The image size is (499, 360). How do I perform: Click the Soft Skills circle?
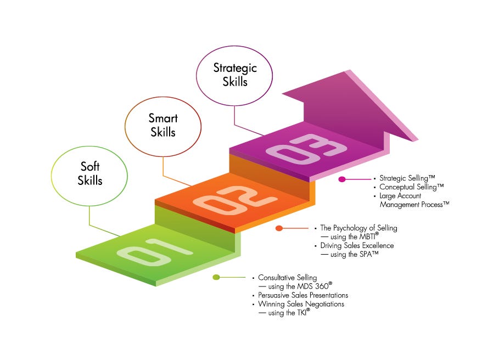click(x=89, y=173)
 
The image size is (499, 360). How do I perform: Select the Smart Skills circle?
click(x=163, y=126)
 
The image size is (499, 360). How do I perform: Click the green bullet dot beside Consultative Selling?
click(x=216, y=277)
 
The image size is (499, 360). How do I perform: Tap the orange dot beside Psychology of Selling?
click(x=279, y=228)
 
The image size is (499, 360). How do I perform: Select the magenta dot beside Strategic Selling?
click(x=341, y=179)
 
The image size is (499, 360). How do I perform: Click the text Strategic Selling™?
click(x=407, y=178)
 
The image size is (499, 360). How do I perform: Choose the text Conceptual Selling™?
click(x=411, y=187)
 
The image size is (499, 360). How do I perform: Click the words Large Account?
click(x=400, y=196)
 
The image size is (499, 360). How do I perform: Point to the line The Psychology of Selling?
click(x=358, y=228)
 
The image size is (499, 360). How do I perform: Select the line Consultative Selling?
click(x=288, y=278)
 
